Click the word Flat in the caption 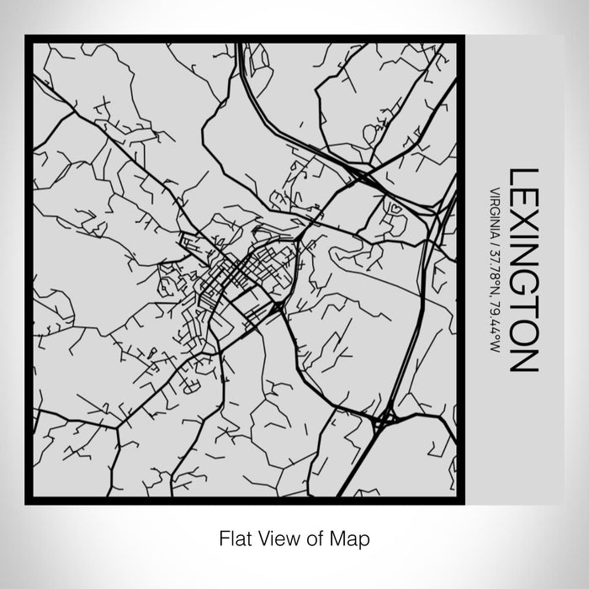[x=235, y=536]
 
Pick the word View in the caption [x=279, y=536]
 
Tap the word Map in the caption [x=353, y=536]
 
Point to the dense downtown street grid [x=240, y=273]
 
